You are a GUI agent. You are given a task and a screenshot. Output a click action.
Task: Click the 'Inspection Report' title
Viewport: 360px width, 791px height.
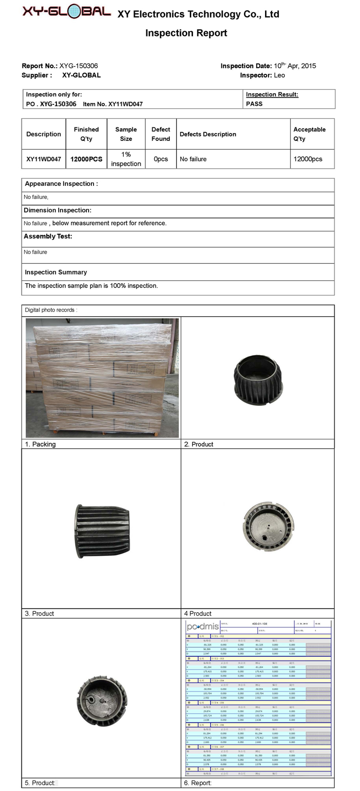[x=186, y=33]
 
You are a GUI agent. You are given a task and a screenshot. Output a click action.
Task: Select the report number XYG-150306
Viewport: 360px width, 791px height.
[x=78, y=66]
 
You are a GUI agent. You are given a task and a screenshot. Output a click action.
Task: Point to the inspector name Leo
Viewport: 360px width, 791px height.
[x=279, y=75]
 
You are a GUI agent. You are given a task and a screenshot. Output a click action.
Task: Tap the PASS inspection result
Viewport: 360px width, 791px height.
[x=254, y=104]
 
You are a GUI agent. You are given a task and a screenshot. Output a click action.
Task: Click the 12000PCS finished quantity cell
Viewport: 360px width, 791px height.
[x=86, y=159]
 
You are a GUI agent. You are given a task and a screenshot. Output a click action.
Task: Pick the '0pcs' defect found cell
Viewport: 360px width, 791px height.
[x=161, y=159]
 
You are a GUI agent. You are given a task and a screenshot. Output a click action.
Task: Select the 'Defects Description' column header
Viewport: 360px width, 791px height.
[x=208, y=134]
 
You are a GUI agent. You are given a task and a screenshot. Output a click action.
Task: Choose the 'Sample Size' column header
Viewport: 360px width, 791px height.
[x=126, y=134]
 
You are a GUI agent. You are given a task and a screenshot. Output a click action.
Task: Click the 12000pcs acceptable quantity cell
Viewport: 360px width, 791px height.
[x=308, y=159]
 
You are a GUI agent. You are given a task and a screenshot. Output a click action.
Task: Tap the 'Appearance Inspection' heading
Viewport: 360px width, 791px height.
[x=61, y=184]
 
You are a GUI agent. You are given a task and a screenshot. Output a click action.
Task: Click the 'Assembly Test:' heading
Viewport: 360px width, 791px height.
[x=48, y=236]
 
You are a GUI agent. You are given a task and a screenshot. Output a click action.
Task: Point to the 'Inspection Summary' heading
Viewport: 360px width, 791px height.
[x=56, y=272]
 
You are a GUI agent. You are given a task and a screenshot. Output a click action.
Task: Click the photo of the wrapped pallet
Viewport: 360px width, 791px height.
[x=102, y=378]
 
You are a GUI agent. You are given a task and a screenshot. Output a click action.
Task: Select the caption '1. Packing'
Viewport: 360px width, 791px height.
[x=40, y=444]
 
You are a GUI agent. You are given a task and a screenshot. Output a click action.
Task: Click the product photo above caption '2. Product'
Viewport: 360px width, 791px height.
[x=257, y=380]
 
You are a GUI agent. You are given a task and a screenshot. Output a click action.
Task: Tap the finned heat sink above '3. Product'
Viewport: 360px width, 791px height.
[x=103, y=531]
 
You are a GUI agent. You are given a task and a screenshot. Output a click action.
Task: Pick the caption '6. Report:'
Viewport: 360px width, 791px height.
[x=198, y=783]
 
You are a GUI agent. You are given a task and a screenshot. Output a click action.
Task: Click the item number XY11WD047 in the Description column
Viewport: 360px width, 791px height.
[x=44, y=159]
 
